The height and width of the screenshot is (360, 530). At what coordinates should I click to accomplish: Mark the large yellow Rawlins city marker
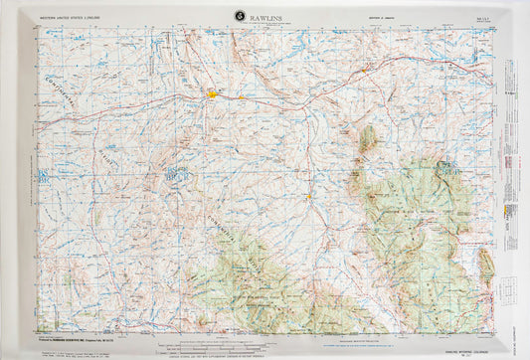coord(214,94)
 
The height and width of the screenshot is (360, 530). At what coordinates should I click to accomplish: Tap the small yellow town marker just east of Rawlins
coord(242,97)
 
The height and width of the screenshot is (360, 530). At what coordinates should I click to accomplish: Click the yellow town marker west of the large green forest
coord(309,196)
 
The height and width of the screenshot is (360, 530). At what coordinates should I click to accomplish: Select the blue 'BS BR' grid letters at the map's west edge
coord(43,176)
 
